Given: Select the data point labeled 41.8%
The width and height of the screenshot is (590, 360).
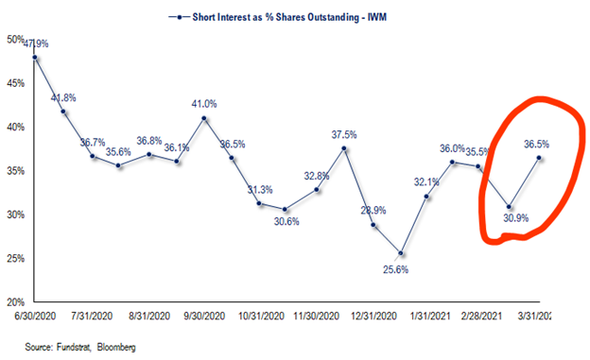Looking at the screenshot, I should tap(63, 111).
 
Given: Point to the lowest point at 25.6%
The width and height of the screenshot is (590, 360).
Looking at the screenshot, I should tap(401, 253).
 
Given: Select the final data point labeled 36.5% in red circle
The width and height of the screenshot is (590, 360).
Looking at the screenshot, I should tap(540, 158).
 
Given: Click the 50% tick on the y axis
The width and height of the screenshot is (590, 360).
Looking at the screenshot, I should tap(15, 39).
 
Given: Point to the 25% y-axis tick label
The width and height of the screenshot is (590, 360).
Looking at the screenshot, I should tap(15, 258).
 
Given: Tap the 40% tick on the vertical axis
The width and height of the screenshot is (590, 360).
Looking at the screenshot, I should tap(15, 127).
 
